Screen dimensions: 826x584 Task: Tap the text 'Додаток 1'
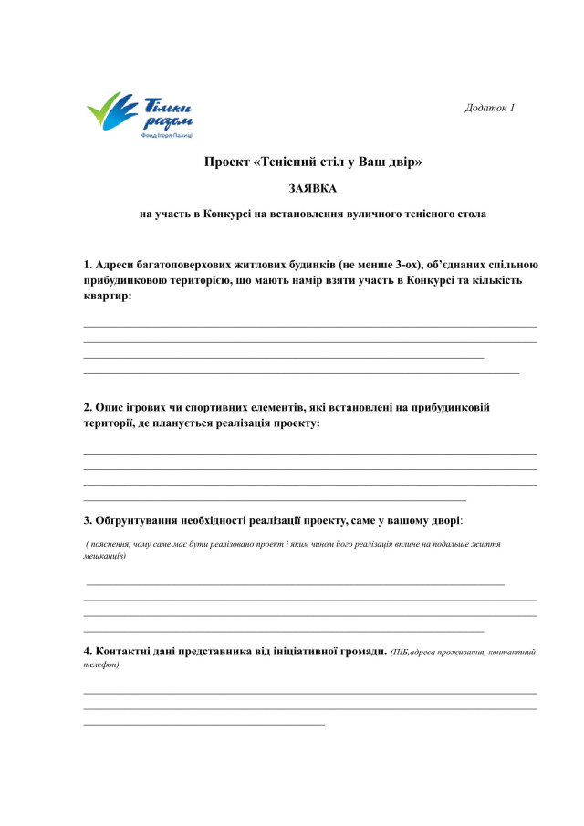pyautogui.click(x=490, y=108)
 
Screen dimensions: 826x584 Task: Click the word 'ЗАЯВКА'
pyautogui.click(x=312, y=189)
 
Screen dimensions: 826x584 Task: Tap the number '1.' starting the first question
pyautogui.click(x=89, y=265)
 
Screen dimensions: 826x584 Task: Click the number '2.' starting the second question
pyautogui.click(x=89, y=408)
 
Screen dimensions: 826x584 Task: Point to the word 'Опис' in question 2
pyautogui.click(x=111, y=408)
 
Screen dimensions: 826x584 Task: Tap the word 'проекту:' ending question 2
pyautogui.click(x=295, y=423)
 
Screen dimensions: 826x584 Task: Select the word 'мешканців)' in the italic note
pyautogui.click(x=104, y=556)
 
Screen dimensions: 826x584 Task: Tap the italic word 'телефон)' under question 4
pyautogui.click(x=100, y=664)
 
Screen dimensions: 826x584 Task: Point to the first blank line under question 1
pyautogui.click(x=310, y=327)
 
